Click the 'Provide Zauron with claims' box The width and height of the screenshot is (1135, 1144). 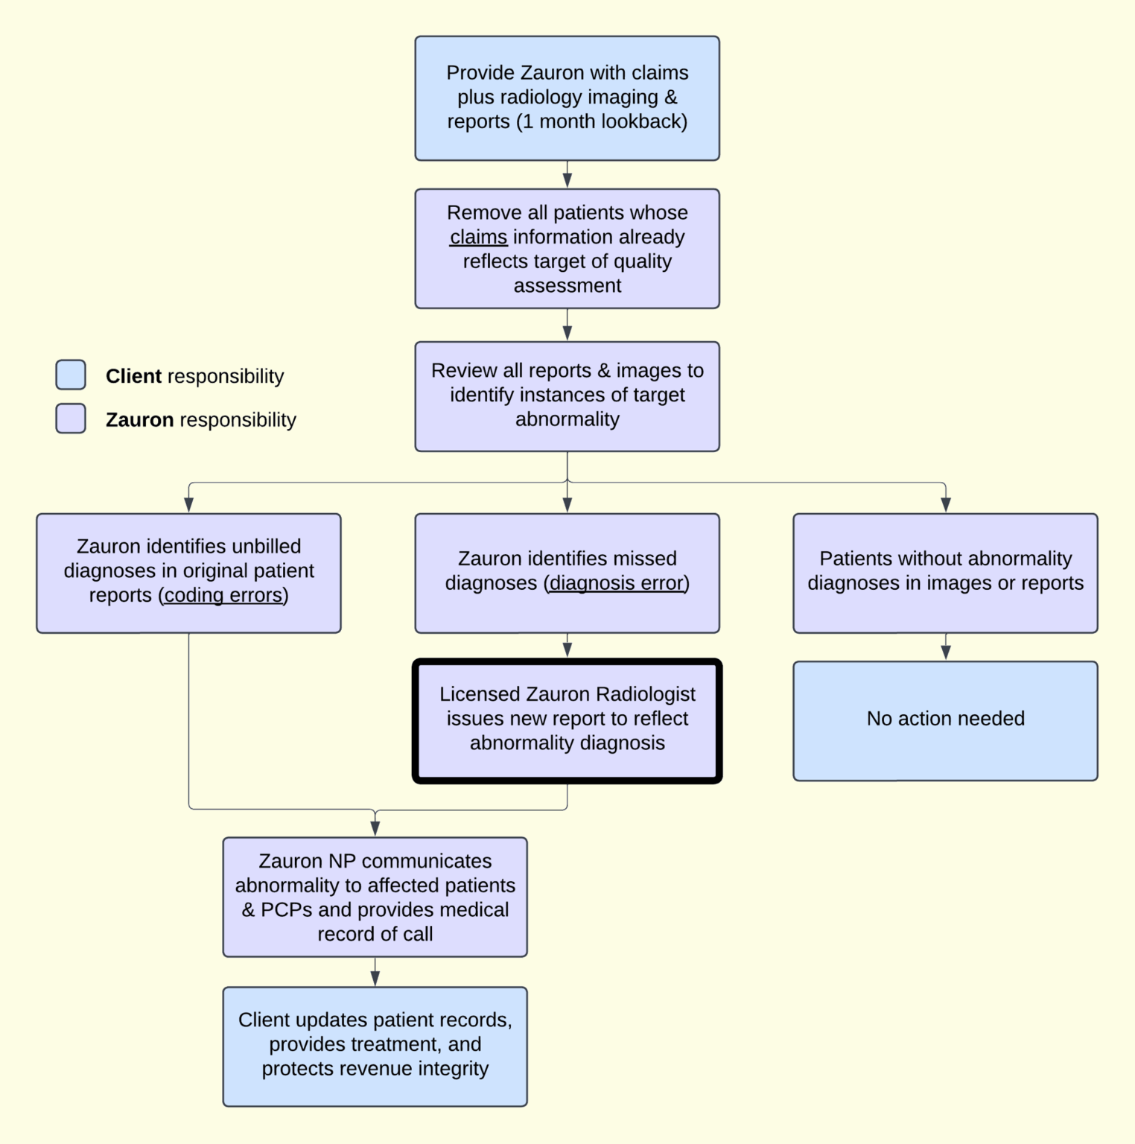pyautogui.click(x=567, y=98)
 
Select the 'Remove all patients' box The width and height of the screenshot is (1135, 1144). pyautogui.click(x=567, y=249)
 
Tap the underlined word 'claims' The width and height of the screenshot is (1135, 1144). pyautogui.click(x=478, y=237)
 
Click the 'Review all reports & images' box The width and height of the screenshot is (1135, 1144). pyautogui.click(x=567, y=396)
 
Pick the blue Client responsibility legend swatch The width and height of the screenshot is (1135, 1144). pyautogui.click(x=71, y=375)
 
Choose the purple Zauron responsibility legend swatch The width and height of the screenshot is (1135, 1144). pyautogui.click(x=71, y=419)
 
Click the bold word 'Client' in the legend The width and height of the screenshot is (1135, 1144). pyautogui.click(x=133, y=376)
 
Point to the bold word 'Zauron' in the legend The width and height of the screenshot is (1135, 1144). pyautogui.click(x=139, y=420)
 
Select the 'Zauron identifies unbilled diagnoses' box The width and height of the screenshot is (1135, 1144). pyautogui.click(x=188, y=573)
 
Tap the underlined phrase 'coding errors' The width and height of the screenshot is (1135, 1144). pyautogui.click(x=223, y=595)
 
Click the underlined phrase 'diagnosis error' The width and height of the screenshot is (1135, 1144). pyautogui.click(x=617, y=583)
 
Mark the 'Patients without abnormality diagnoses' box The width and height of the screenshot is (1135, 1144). pyautogui.click(x=945, y=573)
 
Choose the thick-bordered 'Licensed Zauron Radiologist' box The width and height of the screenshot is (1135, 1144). pyautogui.click(x=567, y=720)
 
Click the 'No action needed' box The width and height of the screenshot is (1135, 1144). pyautogui.click(x=945, y=720)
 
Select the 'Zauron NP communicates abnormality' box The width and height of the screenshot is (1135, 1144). pyautogui.click(x=375, y=897)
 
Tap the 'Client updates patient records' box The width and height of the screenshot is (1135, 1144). pyautogui.click(x=375, y=1046)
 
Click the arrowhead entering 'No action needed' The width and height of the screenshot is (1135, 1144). pyautogui.click(x=946, y=652)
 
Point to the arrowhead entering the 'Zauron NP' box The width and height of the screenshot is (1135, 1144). pyautogui.click(x=375, y=828)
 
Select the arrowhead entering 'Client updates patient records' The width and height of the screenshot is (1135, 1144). pyautogui.click(x=375, y=978)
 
